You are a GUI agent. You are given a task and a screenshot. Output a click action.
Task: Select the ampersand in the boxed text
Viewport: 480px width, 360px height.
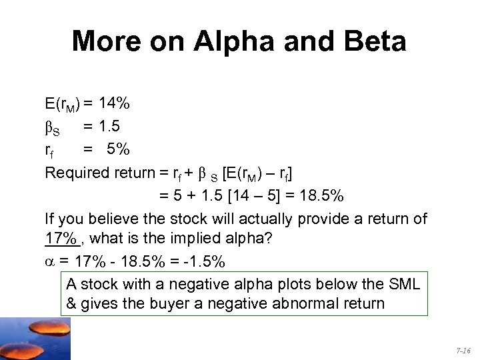click(x=72, y=304)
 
